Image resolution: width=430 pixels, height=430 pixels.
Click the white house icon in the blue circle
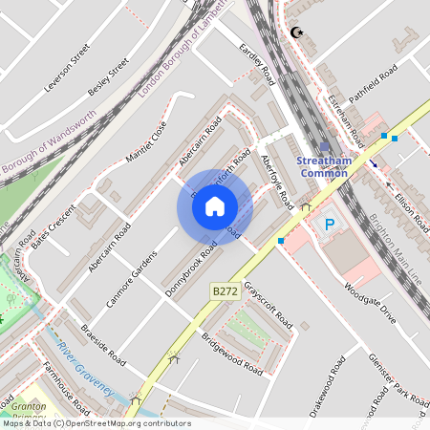[x=215, y=205]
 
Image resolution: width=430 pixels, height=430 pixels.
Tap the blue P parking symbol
[x=330, y=226]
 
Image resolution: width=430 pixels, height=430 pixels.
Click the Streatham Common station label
[x=324, y=166]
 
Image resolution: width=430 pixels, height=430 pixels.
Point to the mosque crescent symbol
[x=296, y=33]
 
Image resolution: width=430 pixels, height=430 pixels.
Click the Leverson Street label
[x=67, y=67]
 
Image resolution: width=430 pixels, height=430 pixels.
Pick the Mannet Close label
[x=147, y=140]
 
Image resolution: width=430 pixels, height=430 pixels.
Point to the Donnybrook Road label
[x=191, y=269]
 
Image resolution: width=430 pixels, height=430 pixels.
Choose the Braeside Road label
[x=103, y=343]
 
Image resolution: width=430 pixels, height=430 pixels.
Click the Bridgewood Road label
[x=232, y=353]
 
